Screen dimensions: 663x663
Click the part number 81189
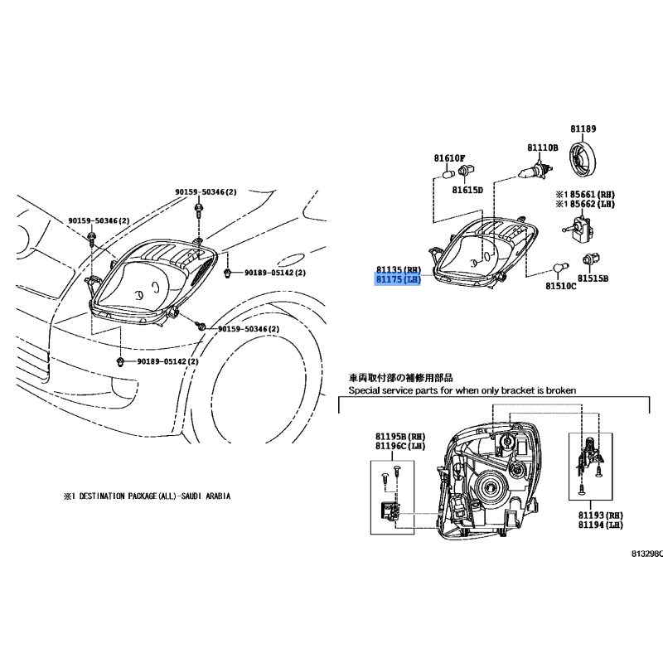coord(583,128)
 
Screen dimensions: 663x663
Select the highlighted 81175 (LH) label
coord(398,279)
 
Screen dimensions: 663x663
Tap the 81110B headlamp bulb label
coord(543,148)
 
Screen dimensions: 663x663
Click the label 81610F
coord(449,158)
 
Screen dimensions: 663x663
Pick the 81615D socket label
coord(467,191)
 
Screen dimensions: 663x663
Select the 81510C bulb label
coord(561,286)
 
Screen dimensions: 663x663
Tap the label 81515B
coord(593,278)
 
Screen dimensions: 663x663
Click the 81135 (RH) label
coord(399,269)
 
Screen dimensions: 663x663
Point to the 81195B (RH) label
coord(400,437)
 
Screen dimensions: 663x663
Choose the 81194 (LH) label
coord(601,525)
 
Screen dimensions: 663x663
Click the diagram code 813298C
coord(647,554)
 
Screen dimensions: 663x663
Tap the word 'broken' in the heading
coord(561,390)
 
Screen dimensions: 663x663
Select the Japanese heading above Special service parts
coord(400,378)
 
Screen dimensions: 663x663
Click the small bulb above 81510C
coord(559,269)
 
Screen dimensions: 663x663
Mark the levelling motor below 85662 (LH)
coord(578,228)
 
